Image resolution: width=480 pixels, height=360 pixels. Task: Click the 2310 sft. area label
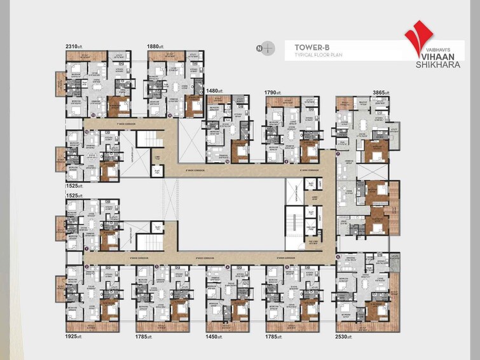click(x=75, y=46)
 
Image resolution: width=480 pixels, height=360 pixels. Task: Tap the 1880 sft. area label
click(x=156, y=46)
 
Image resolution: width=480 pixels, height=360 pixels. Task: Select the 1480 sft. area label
click(x=215, y=91)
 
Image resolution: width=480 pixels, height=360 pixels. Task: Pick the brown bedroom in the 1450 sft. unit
click(x=240, y=310)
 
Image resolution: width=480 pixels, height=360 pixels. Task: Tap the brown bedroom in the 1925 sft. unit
click(x=110, y=310)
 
